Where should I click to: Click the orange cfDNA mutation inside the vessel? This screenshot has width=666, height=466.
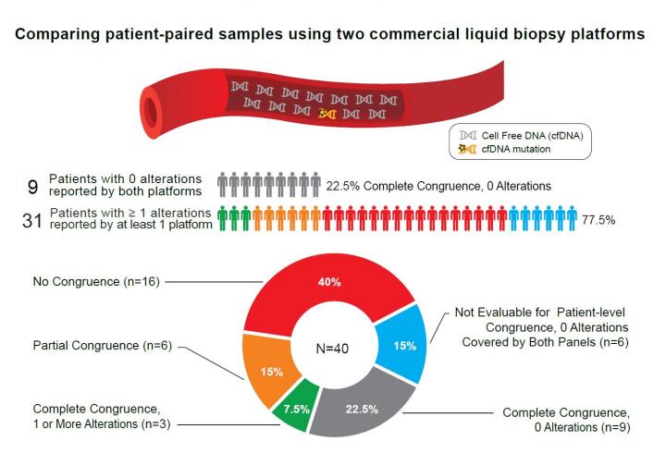(x=327, y=113)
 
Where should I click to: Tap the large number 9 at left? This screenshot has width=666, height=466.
(x=31, y=185)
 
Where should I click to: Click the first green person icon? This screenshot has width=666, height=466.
(x=222, y=219)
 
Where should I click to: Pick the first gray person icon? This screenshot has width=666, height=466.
(x=222, y=185)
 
